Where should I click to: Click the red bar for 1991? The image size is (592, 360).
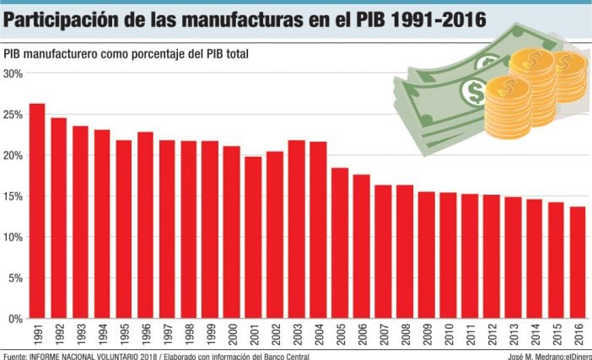click(x=37, y=211)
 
